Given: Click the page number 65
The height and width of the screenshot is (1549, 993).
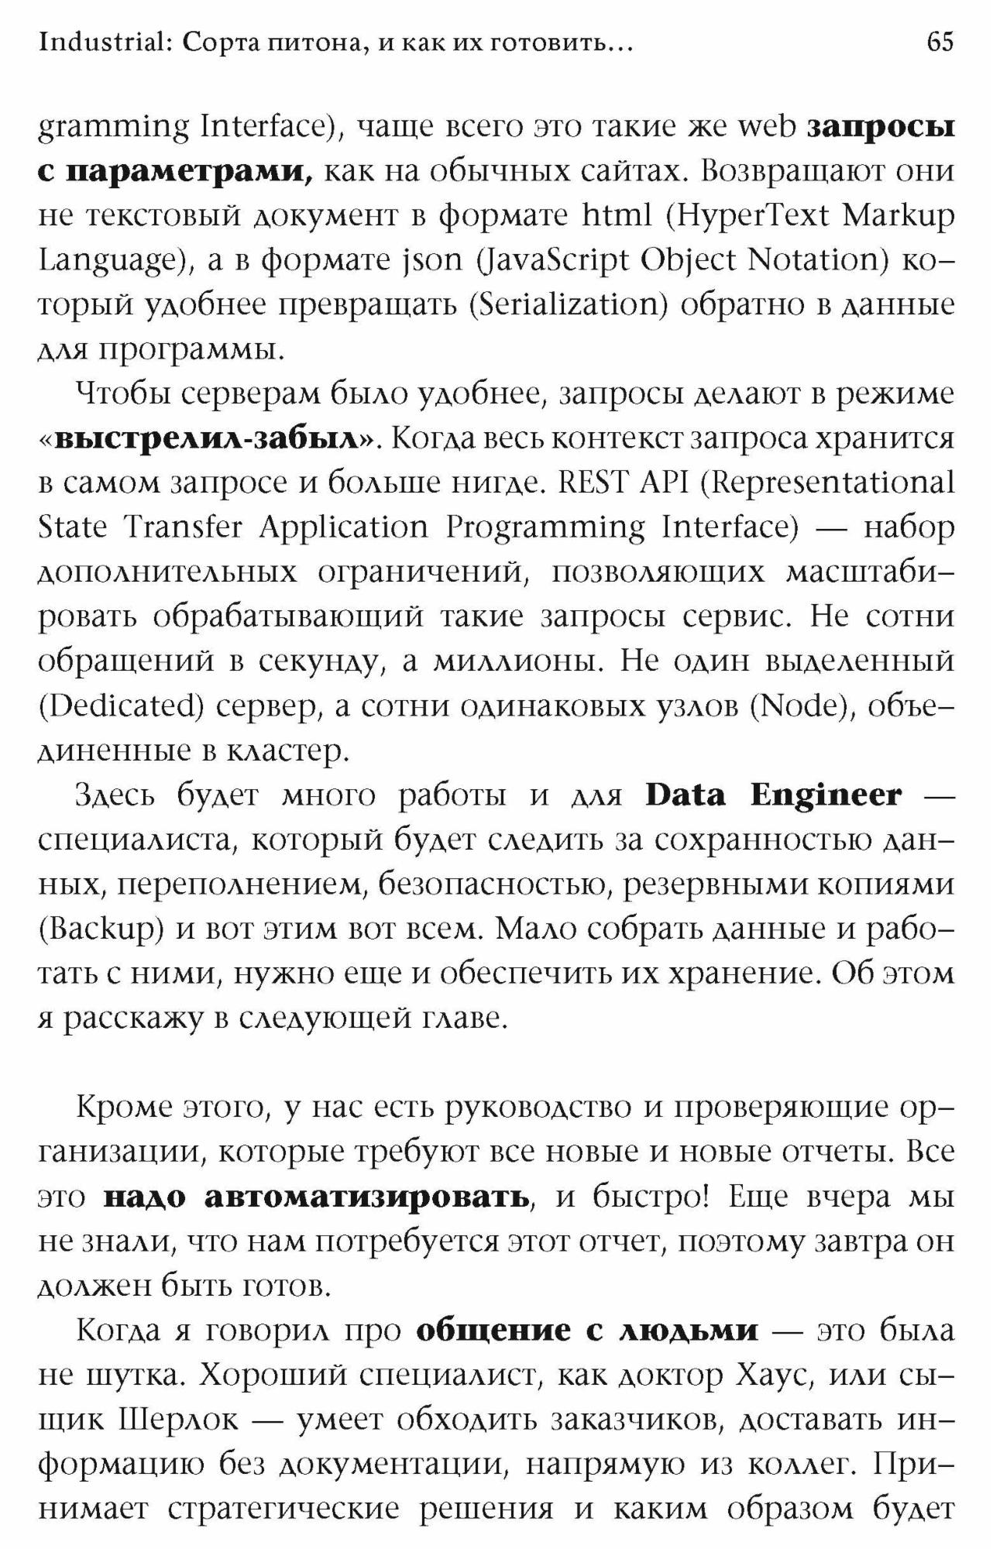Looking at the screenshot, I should (940, 42).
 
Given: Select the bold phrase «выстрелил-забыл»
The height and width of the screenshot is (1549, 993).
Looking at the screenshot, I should (211, 438).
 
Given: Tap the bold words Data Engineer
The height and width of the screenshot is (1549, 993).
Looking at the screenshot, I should (774, 795).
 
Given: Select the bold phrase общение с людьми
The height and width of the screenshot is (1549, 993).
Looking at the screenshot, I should (587, 1332).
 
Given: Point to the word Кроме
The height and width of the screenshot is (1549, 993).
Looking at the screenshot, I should (121, 1108).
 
